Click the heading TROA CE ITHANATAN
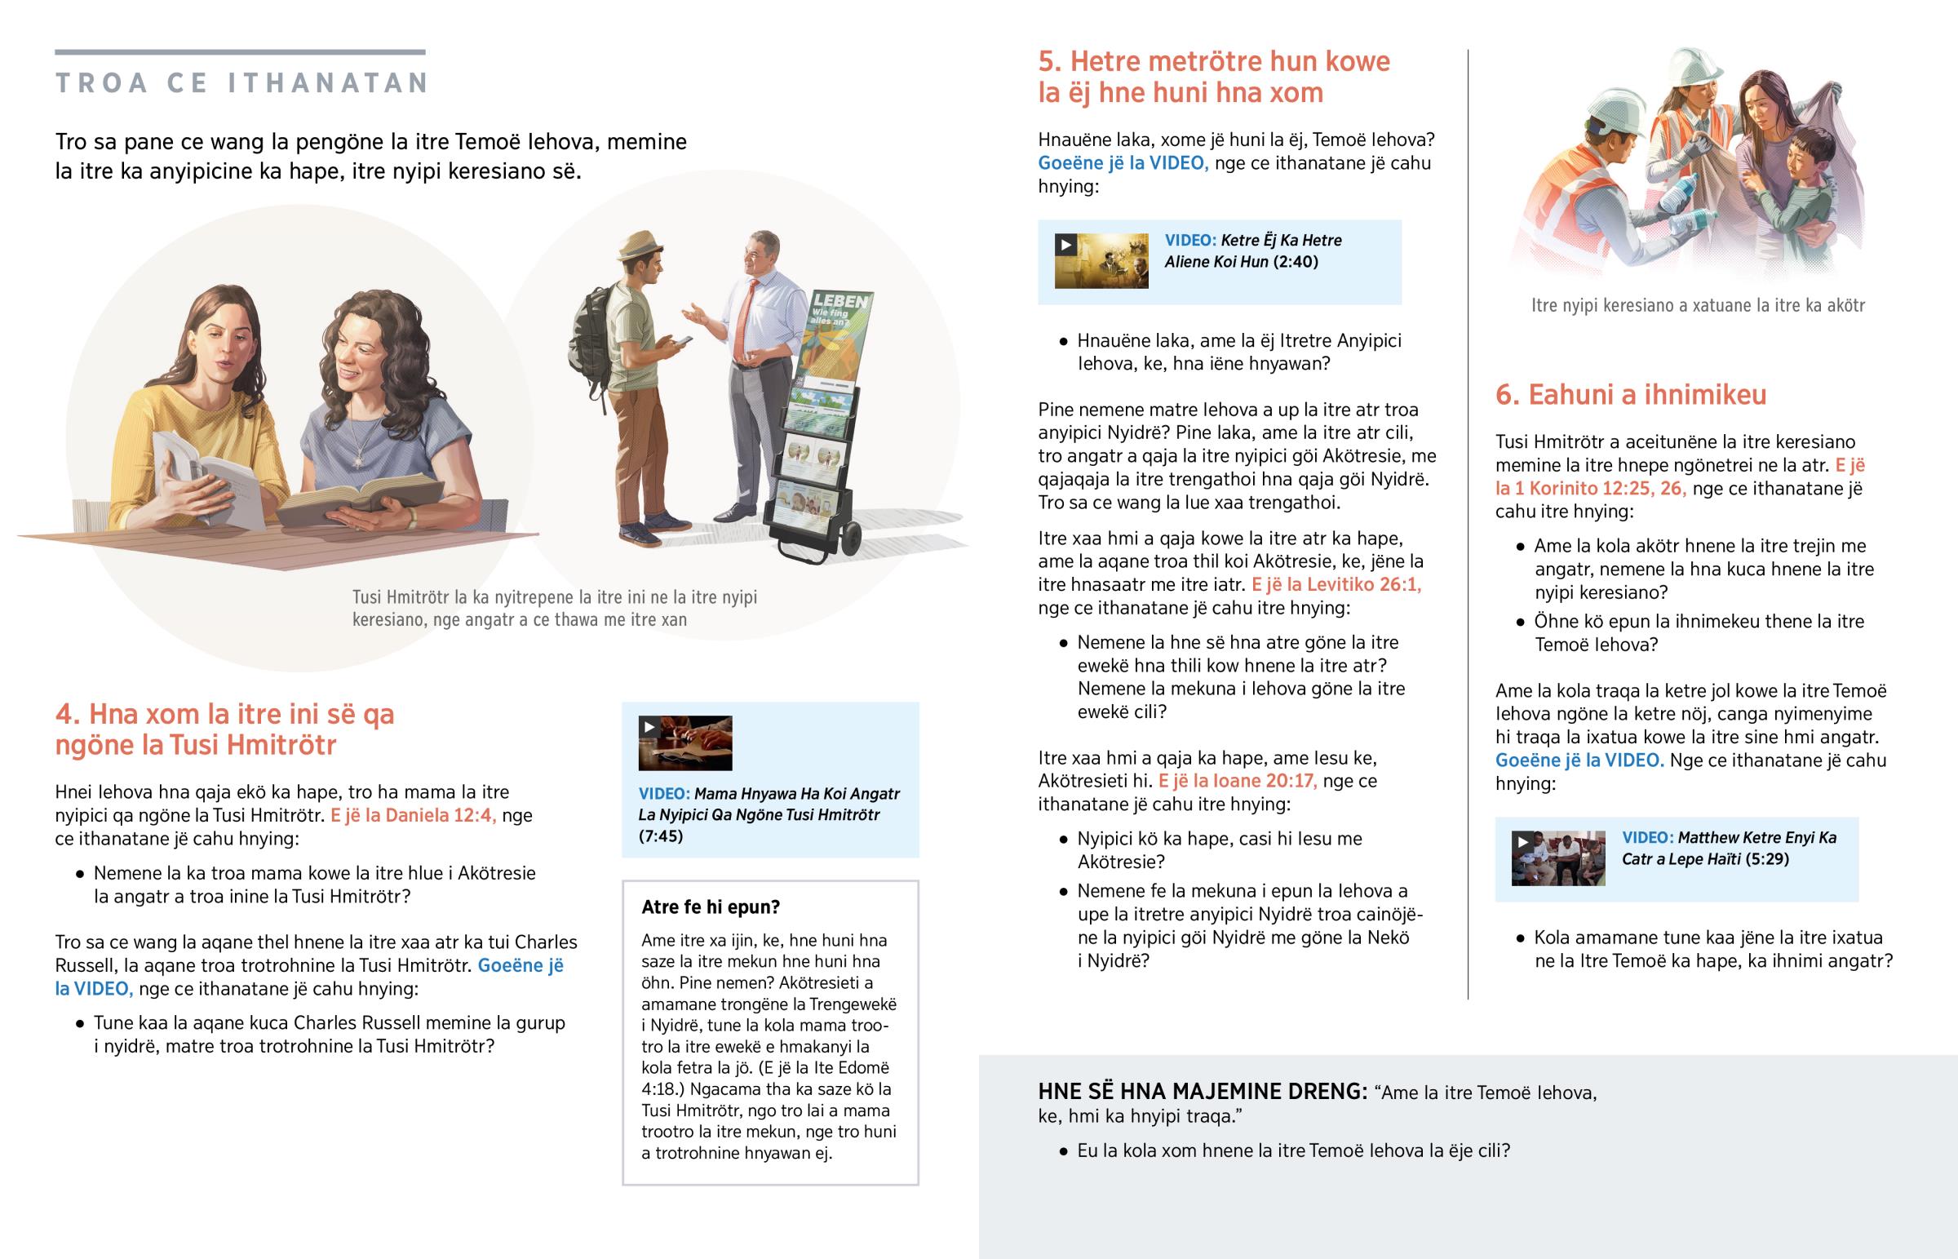pos(241,82)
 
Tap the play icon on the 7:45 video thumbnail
pos(649,727)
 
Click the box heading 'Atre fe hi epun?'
pos(710,907)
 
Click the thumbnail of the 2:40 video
pos(1101,261)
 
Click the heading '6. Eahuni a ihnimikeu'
pos(1630,395)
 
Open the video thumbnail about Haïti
pos(1557,858)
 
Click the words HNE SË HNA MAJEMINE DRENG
pos(1202,1092)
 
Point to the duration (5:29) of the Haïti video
pos(1766,859)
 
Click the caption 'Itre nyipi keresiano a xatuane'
pos(1698,306)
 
